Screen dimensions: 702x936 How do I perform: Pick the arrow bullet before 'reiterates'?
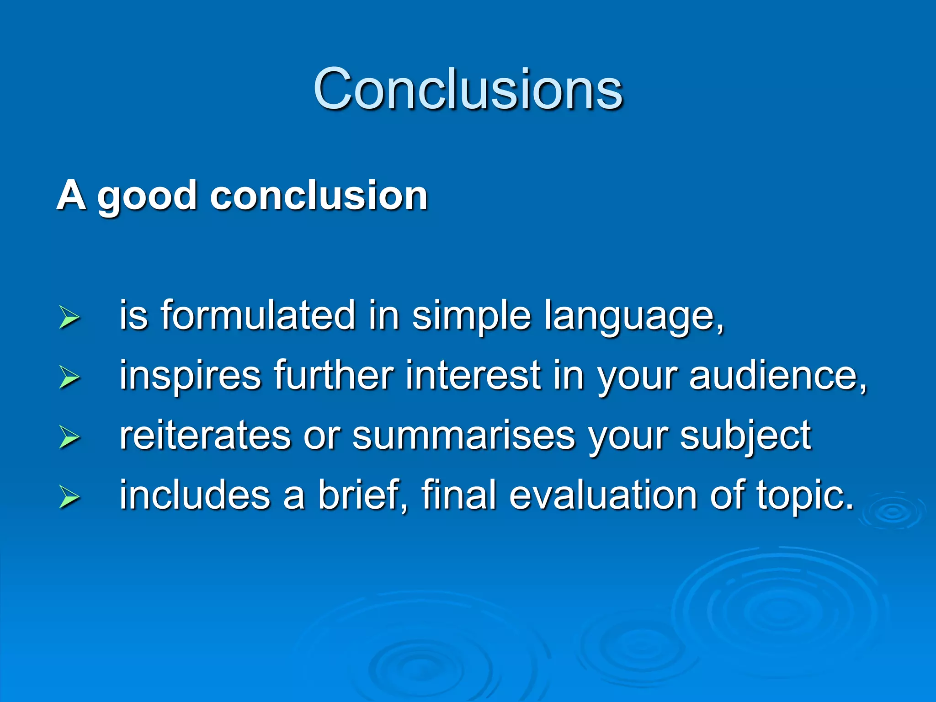point(69,437)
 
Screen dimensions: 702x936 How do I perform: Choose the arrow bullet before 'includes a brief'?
point(69,497)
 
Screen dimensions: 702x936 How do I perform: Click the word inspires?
point(190,376)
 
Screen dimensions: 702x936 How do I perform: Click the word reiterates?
point(205,435)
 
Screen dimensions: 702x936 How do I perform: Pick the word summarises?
point(463,436)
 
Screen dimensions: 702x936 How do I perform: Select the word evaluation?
point(603,495)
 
